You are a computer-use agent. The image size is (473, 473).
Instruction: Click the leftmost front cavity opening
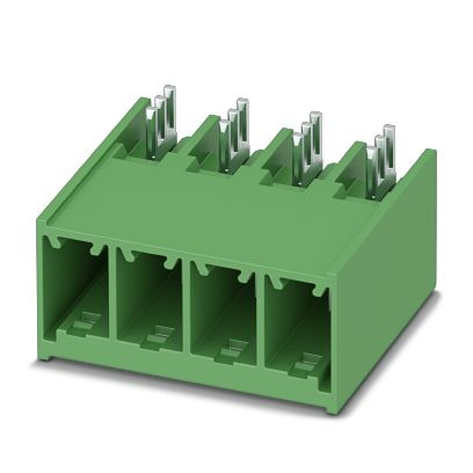point(76,289)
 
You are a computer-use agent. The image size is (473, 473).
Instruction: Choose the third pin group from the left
point(307,147)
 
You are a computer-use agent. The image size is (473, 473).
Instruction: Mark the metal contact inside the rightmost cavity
point(305,362)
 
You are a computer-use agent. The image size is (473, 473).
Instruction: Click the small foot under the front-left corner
point(45,356)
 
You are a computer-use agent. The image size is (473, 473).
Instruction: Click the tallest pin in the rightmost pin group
point(389,151)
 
